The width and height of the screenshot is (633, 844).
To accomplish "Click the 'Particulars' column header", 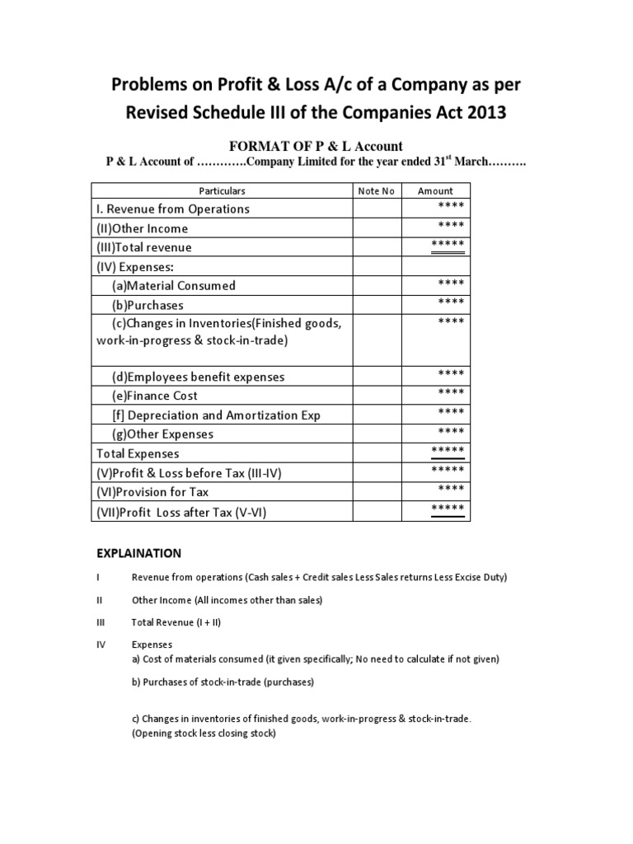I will [x=223, y=191].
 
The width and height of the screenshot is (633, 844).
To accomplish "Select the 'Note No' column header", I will [x=376, y=191].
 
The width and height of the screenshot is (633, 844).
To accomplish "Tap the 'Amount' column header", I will [x=435, y=191].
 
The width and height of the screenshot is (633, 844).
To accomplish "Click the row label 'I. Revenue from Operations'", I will [x=173, y=209].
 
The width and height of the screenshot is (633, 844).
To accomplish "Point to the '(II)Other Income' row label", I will [x=143, y=228].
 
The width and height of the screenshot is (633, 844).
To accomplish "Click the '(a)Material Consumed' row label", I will [x=174, y=286].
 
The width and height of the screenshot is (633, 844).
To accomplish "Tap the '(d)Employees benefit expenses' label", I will [x=199, y=377].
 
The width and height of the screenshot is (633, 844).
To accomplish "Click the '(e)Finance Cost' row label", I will [x=155, y=396].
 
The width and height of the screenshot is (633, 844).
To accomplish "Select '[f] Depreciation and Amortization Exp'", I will [x=217, y=415].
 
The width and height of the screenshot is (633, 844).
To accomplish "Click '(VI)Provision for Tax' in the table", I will [x=152, y=492].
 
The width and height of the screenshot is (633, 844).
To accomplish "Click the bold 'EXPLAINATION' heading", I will [x=138, y=553].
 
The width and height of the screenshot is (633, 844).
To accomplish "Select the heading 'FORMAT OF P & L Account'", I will [x=316, y=146].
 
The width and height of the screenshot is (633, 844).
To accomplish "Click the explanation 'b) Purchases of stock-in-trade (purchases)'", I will [x=223, y=682].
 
